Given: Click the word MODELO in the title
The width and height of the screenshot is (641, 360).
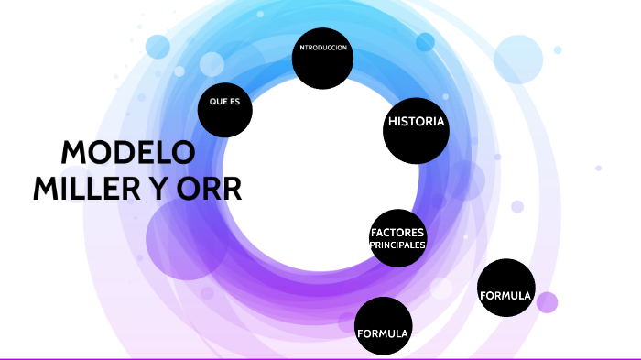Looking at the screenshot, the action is coord(128,153).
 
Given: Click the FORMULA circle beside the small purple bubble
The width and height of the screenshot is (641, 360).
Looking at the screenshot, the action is coord(505,288).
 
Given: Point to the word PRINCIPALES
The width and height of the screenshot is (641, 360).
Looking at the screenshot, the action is coord(397,245).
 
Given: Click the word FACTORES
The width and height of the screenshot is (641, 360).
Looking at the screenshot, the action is coord(397,232).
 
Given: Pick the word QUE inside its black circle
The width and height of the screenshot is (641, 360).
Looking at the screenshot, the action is coord(218,102).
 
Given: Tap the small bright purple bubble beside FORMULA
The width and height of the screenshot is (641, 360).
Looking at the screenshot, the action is coord(547,302).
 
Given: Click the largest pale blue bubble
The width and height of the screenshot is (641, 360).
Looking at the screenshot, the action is coord(519,59).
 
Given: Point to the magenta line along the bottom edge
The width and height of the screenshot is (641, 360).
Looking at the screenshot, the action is coord(320,358).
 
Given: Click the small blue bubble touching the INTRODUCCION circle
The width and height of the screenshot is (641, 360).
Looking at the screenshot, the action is coord(425,42).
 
